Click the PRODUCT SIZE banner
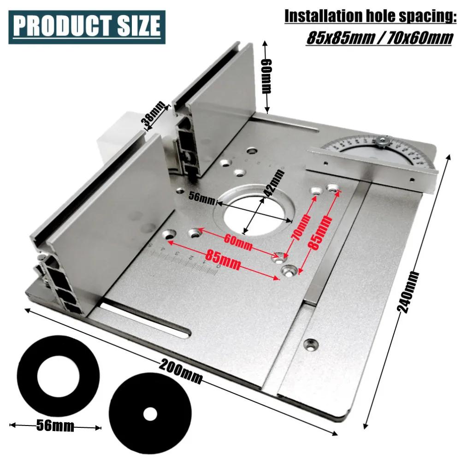click(87, 27)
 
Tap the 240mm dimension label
click(410, 293)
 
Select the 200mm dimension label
click(182, 372)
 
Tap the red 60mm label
click(238, 242)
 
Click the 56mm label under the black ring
click(55, 426)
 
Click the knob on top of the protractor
click(383, 141)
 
